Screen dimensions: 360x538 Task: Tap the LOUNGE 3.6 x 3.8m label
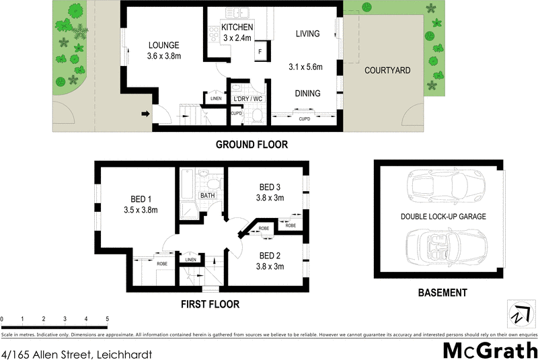click(x=163, y=51)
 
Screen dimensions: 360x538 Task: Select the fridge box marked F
click(x=260, y=51)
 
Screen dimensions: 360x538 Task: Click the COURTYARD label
click(x=387, y=71)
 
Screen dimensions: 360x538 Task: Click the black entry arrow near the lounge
click(x=144, y=114)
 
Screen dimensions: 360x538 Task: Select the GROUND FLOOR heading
click(x=251, y=145)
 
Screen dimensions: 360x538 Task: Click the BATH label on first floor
click(x=206, y=196)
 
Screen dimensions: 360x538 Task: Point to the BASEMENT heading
click(x=442, y=293)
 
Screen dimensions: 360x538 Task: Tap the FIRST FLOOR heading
click(x=210, y=304)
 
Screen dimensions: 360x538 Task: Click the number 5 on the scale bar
click(x=107, y=318)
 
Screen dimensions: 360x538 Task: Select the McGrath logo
click(x=490, y=350)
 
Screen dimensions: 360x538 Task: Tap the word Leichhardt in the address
click(x=125, y=353)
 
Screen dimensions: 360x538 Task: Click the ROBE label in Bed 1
click(x=162, y=264)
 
